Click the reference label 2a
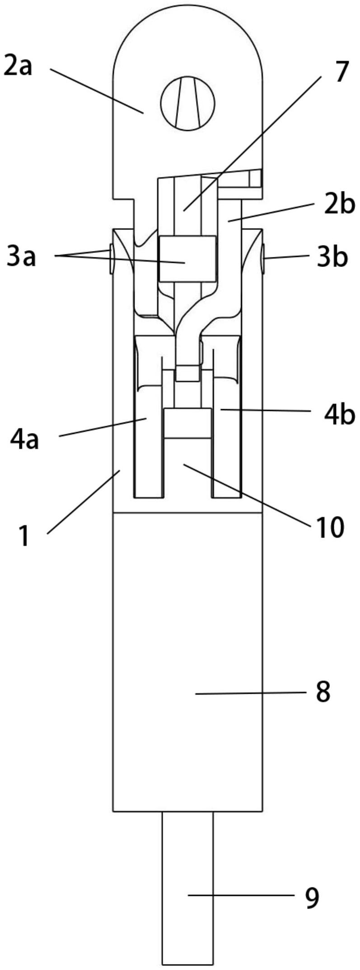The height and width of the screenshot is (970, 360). coord(19,66)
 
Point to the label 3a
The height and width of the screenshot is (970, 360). coord(21,258)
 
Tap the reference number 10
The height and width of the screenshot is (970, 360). coord(329,527)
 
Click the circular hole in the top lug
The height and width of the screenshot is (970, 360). coord(187,103)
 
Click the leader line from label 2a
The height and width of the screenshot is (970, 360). coord(97,91)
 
